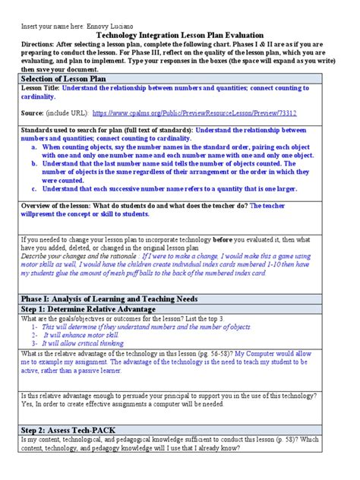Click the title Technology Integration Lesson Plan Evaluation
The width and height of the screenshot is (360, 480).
click(180, 34)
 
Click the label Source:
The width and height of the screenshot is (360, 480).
click(33, 112)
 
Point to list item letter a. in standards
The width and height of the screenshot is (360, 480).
click(35, 146)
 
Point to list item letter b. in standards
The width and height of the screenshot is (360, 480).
click(35, 162)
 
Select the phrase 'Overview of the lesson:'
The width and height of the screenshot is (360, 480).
click(57, 205)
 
